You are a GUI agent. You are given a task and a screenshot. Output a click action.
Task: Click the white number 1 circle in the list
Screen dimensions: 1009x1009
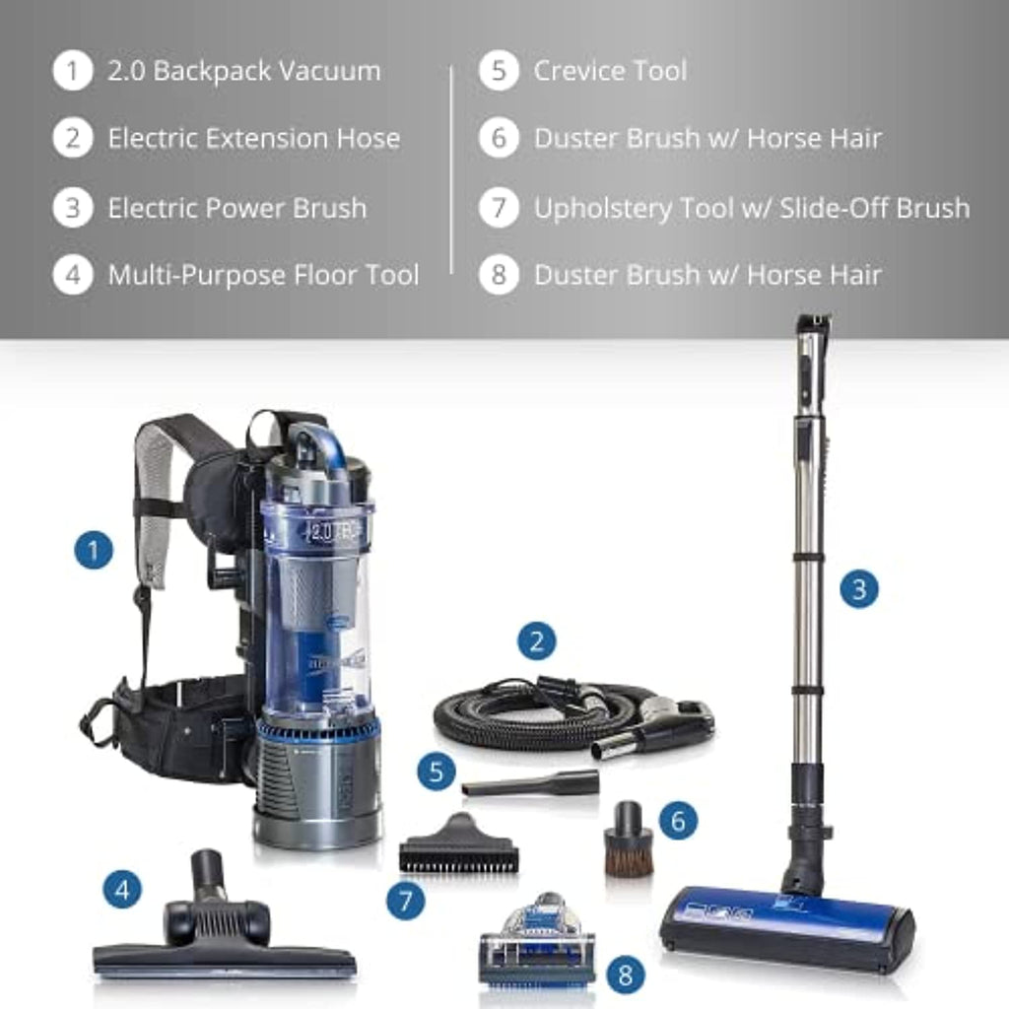(73, 71)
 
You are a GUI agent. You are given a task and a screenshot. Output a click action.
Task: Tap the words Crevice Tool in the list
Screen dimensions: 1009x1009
(610, 71)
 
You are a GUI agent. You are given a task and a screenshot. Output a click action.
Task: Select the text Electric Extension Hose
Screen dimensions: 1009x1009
(254, 138)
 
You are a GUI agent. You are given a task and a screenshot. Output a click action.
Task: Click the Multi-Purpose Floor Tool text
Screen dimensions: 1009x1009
(264, 276)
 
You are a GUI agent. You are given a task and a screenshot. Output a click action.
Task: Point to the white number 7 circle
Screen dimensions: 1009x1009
(499, 208)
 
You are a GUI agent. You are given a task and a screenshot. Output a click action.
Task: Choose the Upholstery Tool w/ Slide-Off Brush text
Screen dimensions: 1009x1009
(752, 209)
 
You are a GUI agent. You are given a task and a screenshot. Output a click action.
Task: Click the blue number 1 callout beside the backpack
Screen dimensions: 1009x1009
(94, 550)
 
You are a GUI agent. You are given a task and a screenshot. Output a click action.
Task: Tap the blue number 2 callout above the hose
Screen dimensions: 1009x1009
(537, 640)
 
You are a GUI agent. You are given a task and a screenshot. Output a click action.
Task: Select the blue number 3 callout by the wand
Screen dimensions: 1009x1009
(859, 589)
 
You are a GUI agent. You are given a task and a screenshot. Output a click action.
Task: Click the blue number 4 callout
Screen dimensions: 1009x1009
(122, 890)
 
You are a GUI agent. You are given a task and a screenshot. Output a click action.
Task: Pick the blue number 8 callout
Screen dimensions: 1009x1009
(625, 975)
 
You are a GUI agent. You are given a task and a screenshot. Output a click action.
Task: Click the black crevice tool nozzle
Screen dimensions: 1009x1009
(530, 781)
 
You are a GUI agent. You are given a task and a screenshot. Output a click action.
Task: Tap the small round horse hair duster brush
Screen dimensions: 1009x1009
(628, 840)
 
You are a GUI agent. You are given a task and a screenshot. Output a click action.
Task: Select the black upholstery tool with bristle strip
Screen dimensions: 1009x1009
(459, 843)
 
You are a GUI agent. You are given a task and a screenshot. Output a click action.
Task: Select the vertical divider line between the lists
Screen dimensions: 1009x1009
(451, 169)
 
